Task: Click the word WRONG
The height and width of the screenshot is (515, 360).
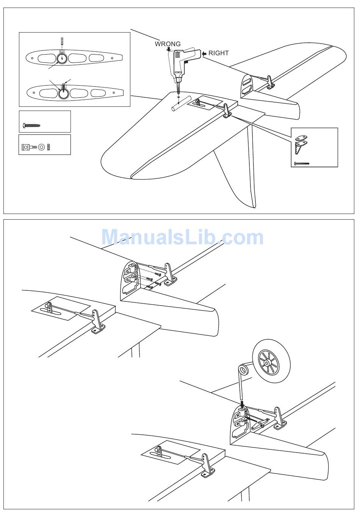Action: (167, 44)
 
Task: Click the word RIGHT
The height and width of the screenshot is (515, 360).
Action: (219, 53)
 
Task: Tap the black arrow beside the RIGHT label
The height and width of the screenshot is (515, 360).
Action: (204, 53)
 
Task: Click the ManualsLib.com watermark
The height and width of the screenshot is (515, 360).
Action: (182, 237)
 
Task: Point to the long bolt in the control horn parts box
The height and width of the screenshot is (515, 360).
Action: (302, 164)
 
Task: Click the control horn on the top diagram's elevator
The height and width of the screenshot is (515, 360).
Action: (227, 111)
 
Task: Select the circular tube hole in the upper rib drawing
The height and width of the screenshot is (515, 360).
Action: (62, 58)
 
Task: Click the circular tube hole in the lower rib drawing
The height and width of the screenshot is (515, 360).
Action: (63, 93)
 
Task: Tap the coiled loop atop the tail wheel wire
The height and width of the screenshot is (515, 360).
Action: (243, 369)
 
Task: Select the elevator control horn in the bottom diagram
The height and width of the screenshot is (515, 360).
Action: (207, 465)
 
